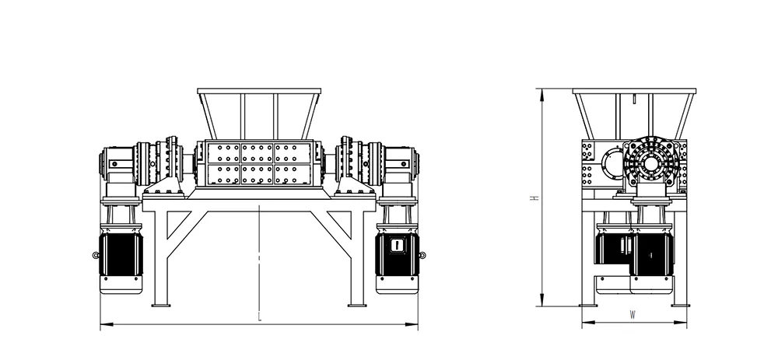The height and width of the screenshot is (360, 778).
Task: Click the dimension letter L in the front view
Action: click(x=260, y=317)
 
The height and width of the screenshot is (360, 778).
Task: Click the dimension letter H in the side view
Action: click(x=534, y=197)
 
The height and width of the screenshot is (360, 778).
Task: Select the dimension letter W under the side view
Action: click(x=633, y=314)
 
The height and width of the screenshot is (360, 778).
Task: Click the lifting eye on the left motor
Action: click(x=96, y=255)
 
